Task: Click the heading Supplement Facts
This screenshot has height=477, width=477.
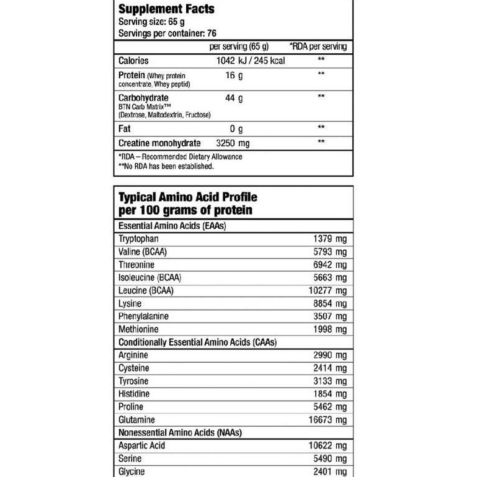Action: click(x=166, y=9)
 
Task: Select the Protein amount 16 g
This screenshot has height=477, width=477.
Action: click(x=234, y=75)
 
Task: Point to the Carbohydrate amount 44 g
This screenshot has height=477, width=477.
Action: click(x=234, y=98)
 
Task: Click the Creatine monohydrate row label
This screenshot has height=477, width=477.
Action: click(x=159, y=143)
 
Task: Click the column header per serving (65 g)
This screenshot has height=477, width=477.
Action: click(x=239, y=47)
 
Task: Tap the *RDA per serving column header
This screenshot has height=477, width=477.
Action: click(x=318, y=47)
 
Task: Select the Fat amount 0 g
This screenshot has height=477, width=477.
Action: click(x=236, y=129)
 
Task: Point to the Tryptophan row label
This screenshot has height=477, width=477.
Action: click(x=138, y=239)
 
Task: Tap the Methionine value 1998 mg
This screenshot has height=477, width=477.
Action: click(x=329, y=329)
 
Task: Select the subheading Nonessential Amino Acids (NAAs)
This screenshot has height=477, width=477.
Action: click(x=180, y=432)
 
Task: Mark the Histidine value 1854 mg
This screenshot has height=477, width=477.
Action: click(x=329, y=394)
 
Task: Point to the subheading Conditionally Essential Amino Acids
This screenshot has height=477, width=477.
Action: click(x=197, y=342)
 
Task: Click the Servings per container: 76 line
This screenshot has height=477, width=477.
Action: click(x=167, y=33)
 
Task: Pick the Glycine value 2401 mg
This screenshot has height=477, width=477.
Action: click(x=329, y=471)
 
